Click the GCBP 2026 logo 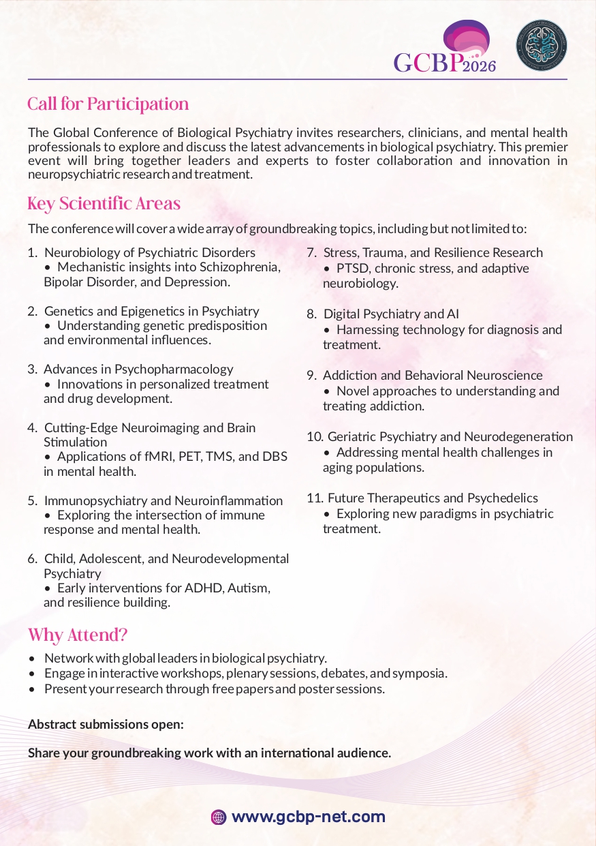pos(445,49)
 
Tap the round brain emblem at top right pos(541,42)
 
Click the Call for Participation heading pos(108,104)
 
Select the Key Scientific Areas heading pos(104,204)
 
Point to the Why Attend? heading pos(78,635)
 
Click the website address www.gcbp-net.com pos(308,817)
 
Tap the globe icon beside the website pos(219,817)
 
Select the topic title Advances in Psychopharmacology pos(138,369)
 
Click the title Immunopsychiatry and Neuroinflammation pos(163,501)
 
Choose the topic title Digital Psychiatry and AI pos(391,314)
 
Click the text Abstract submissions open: pos(106,724)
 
